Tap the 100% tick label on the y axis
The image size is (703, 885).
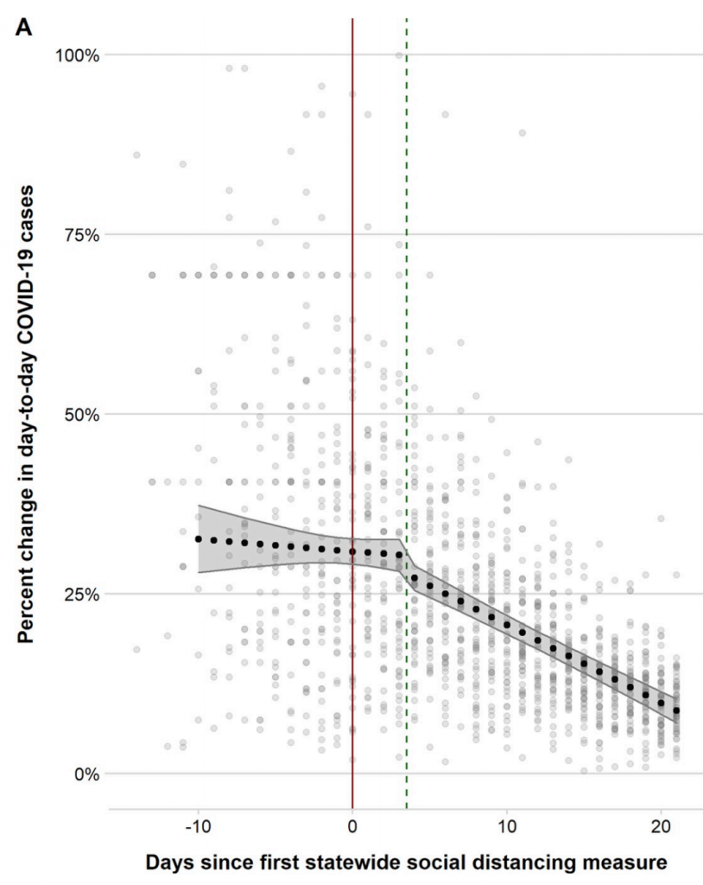click(x=77, y=55)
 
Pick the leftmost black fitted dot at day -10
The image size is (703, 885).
click(x=199, y=538)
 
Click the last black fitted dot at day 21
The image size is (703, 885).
click(x=676, y=710)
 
